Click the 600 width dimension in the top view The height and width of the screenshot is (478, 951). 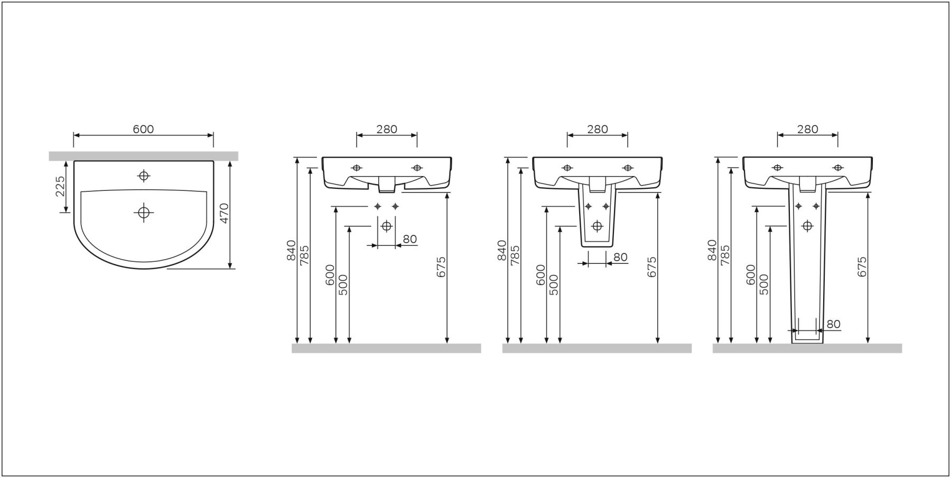click(x=143, y=130)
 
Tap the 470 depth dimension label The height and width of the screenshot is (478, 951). click(x=224, y=213)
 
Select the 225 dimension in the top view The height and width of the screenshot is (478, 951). click(x=60, y=186)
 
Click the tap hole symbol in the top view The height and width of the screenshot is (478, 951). click(x=144, y=176)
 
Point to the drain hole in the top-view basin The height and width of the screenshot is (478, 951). click(x=143, y=213)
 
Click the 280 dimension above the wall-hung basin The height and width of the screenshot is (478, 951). click(x=387, y=130)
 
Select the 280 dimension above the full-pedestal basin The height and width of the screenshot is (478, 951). click(x=807, y=130)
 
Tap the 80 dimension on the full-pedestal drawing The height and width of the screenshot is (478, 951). click(x=833, y=324)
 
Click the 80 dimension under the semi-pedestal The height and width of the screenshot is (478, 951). click(x=621, y=258)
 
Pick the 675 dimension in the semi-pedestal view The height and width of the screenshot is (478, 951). click(x=652, y=267)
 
